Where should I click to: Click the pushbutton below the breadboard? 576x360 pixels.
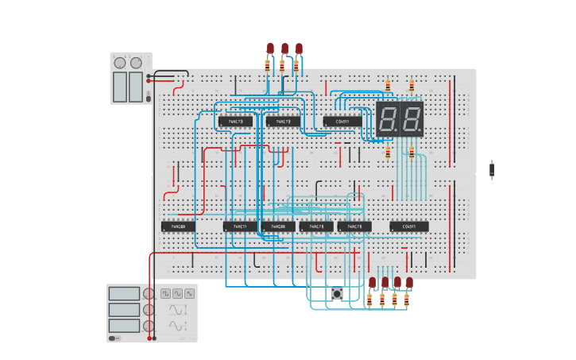point(337,294)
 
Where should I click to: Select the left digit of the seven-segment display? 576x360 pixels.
point(388,119)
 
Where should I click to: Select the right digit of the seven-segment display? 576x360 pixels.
point(411,119)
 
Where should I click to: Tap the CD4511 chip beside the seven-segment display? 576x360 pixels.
point(342,122)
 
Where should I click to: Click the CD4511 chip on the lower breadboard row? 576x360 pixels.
point(409,226)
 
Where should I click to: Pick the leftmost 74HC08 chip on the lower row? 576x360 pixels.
point(178,226)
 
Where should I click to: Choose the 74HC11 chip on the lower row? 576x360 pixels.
point(240,226)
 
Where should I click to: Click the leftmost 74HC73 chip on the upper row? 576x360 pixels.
point(235,122)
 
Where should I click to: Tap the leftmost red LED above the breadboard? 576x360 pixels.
point(270,48)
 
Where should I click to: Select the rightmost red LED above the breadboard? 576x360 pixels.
point(299,48)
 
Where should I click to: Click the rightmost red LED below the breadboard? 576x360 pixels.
point(409,282)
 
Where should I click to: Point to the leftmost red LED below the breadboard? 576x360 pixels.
point(372,282)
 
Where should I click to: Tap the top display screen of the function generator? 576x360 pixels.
point(124,293)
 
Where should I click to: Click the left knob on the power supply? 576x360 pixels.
point(120,63)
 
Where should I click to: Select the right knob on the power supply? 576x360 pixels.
point(137,63)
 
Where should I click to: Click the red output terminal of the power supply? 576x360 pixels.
point(149,82)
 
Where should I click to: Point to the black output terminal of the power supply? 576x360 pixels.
point(149,76)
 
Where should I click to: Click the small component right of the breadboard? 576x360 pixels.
point(492,169)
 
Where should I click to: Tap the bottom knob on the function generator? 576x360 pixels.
point(148,326)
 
